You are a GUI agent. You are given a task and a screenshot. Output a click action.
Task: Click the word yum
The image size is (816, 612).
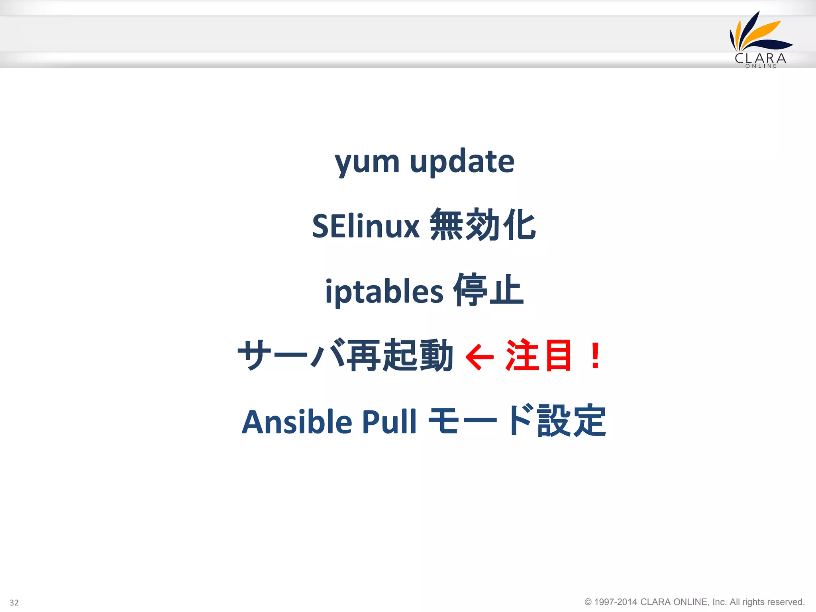coord(367,162)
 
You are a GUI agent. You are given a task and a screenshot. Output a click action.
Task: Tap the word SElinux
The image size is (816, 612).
coord(365,226)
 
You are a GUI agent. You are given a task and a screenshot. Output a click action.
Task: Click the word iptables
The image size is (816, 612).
coord(384,292)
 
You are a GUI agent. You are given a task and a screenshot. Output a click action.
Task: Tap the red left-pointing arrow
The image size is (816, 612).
coord(480,357)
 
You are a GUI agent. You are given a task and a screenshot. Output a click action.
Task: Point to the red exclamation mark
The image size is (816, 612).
coord(596,355)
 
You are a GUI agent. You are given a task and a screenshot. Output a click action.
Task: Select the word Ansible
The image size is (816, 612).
coord(297,422)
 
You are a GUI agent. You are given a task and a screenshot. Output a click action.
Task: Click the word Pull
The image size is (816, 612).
coord(389,422)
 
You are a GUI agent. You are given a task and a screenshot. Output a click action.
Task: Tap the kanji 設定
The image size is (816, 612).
coord(572,421)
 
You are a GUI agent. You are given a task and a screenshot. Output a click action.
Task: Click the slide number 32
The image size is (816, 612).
coord(14,602)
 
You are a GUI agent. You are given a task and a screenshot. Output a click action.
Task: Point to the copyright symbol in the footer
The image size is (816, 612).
coord(588,602)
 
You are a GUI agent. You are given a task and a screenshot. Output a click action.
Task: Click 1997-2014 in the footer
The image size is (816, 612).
coord(616,602)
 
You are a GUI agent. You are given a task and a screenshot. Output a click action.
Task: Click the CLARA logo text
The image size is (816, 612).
coord(760,59)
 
